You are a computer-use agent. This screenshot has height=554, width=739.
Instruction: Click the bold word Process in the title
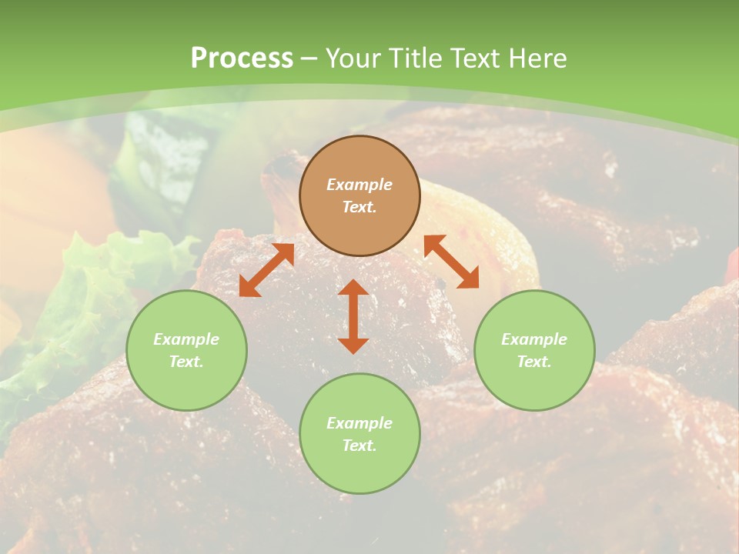pyautogui.click(x=242, y=58)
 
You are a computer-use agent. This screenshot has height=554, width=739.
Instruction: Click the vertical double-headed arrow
pyautogui.click(x=353, y=316)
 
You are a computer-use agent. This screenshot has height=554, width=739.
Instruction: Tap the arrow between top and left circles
pyautogui.click(x=266, y=270)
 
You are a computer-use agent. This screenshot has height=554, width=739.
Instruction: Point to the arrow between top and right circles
pyautogui.click(x=451, y=262)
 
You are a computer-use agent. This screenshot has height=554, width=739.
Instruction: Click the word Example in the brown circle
pyautogui.click(x=359, y=185)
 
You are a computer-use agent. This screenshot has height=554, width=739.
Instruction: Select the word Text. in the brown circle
pyautogui.click(x=359, y=207)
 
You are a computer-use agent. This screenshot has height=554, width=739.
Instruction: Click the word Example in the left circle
pyautogui.click(x=186, y=339)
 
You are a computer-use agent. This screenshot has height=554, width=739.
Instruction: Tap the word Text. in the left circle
pyautogui.click(x=186, y=362)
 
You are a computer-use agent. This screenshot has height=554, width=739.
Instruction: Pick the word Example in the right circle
pyautogui.click(x=534, y=339)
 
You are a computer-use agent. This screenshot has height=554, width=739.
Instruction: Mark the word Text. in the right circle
pyautogui.click(x=534, y=362)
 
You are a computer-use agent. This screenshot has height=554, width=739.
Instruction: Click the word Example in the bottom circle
pyautogui.click(x=359, y=423)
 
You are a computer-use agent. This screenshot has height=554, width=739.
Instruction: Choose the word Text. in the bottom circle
pyautogui.click(x=359, y=446)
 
